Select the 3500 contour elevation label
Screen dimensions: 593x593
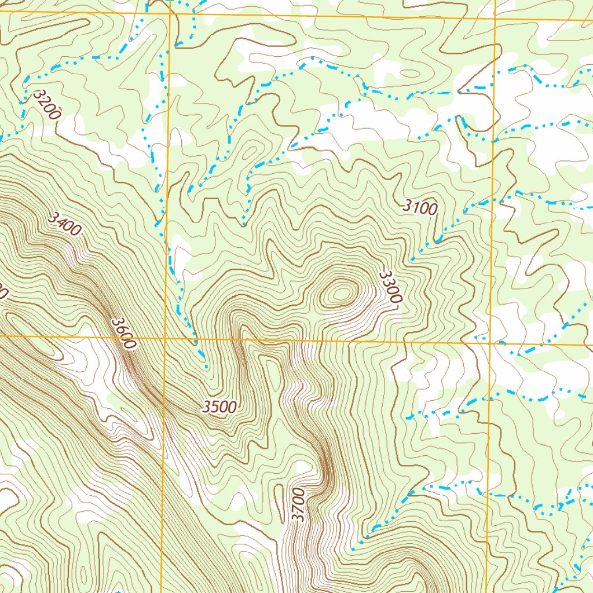pyautogui.click(x=219, y=407)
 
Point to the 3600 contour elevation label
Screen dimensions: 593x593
pyautogui.click(x=124, y=333)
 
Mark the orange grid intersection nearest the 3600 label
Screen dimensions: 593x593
pyautogui.click(x=164, y=337)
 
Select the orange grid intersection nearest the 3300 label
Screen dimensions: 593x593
pyautogui.click(x=492, y=343)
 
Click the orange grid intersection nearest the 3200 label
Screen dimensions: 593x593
pyautogui.click(x=170, y=13)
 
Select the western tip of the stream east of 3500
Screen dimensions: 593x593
pyautogui.click(x=407, y=418)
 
